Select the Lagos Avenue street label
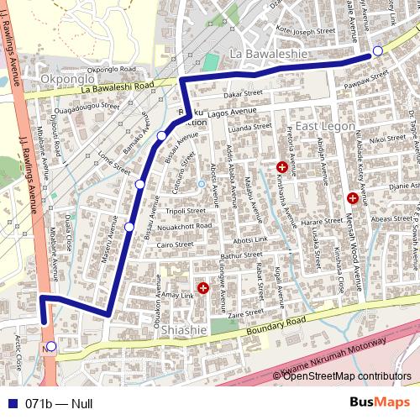(231, 110)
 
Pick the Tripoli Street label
(186, 211)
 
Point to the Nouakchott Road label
(186, 226)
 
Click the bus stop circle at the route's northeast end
(378, 51)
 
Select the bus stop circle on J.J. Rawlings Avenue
(51, 346)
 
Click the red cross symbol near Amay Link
(202, 289)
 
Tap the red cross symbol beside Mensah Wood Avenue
(352, 198)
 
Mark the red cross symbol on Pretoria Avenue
(281, 167)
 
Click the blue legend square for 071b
(11, 403)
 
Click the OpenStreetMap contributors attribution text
(346, 375)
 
